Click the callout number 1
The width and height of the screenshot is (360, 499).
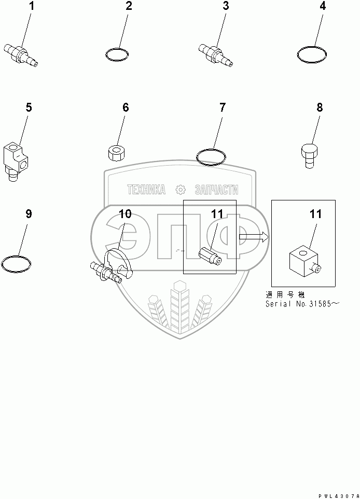tap(32, 7)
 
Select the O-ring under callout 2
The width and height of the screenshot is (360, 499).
tap(117, 53)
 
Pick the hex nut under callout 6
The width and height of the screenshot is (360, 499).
tap(116, 154)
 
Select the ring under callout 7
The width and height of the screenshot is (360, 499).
tap(212, 156)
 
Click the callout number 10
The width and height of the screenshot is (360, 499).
tap(125, 214)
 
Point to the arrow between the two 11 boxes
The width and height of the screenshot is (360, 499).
tap(254, 237)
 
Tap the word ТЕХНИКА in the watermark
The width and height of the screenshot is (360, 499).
tap(146, 190)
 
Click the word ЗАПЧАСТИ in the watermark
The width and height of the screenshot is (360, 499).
tap(217, 190)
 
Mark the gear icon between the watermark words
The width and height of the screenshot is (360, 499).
tap(180, 190)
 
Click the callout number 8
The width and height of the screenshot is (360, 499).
tap(320, 107)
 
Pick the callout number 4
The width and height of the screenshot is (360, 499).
tap(323, 7)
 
